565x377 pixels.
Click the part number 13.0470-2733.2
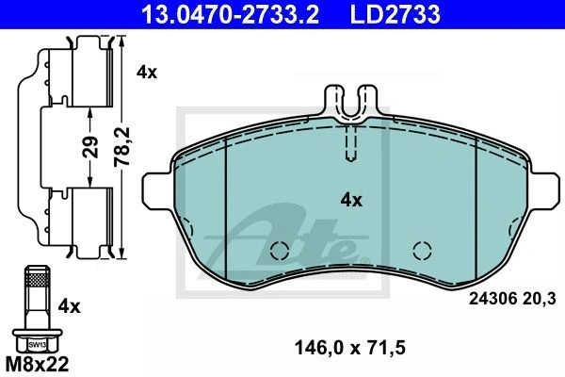pos(231,14)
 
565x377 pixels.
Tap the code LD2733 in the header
pos(395,14)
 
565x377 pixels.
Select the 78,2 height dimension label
pos(122,146)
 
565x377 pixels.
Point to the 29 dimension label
pos(90,147)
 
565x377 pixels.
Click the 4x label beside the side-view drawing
pos(147,73)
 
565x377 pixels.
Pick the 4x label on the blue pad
pos(351,200)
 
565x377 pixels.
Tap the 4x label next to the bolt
pos(70,307)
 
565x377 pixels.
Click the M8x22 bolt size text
pos(37,365)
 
